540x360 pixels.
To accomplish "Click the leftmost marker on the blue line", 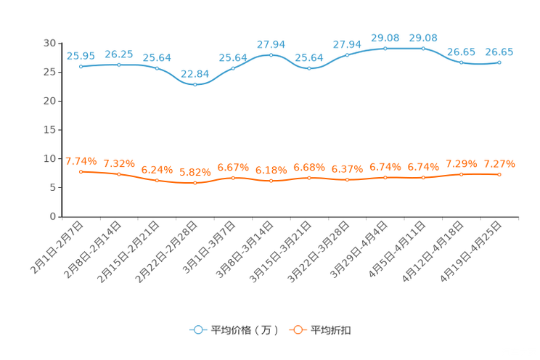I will (x=81, y=66).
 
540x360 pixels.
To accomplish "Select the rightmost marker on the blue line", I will (x=499, y=63).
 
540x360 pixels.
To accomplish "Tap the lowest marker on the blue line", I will (x=195, y=84).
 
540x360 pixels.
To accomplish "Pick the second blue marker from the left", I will (x=118, y=65).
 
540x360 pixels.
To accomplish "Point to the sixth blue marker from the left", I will (x=271, y=54).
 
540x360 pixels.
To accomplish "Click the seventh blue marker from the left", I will (x=309, y=69).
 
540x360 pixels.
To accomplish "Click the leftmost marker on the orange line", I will (x=81, y=171).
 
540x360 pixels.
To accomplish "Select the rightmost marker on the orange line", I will (x=499, y=174).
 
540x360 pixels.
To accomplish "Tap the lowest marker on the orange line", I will (x=195, y=184).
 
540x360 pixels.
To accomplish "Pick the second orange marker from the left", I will (x=118, y=174).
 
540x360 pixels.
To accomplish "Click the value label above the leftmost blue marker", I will (x=81, y=55).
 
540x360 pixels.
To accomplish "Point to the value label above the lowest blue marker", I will (x=195, y=73).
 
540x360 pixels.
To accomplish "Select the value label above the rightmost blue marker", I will (x=499, y=52).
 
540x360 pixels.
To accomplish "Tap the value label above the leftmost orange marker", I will (x=81, y=160).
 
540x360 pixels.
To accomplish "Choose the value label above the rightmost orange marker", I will (x=499, y=163).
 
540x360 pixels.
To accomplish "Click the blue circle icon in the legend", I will (x=198, y=330).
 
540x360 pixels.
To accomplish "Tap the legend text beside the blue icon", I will (x=245, y=330).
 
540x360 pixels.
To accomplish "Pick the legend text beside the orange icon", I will (x=332, y=330).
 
